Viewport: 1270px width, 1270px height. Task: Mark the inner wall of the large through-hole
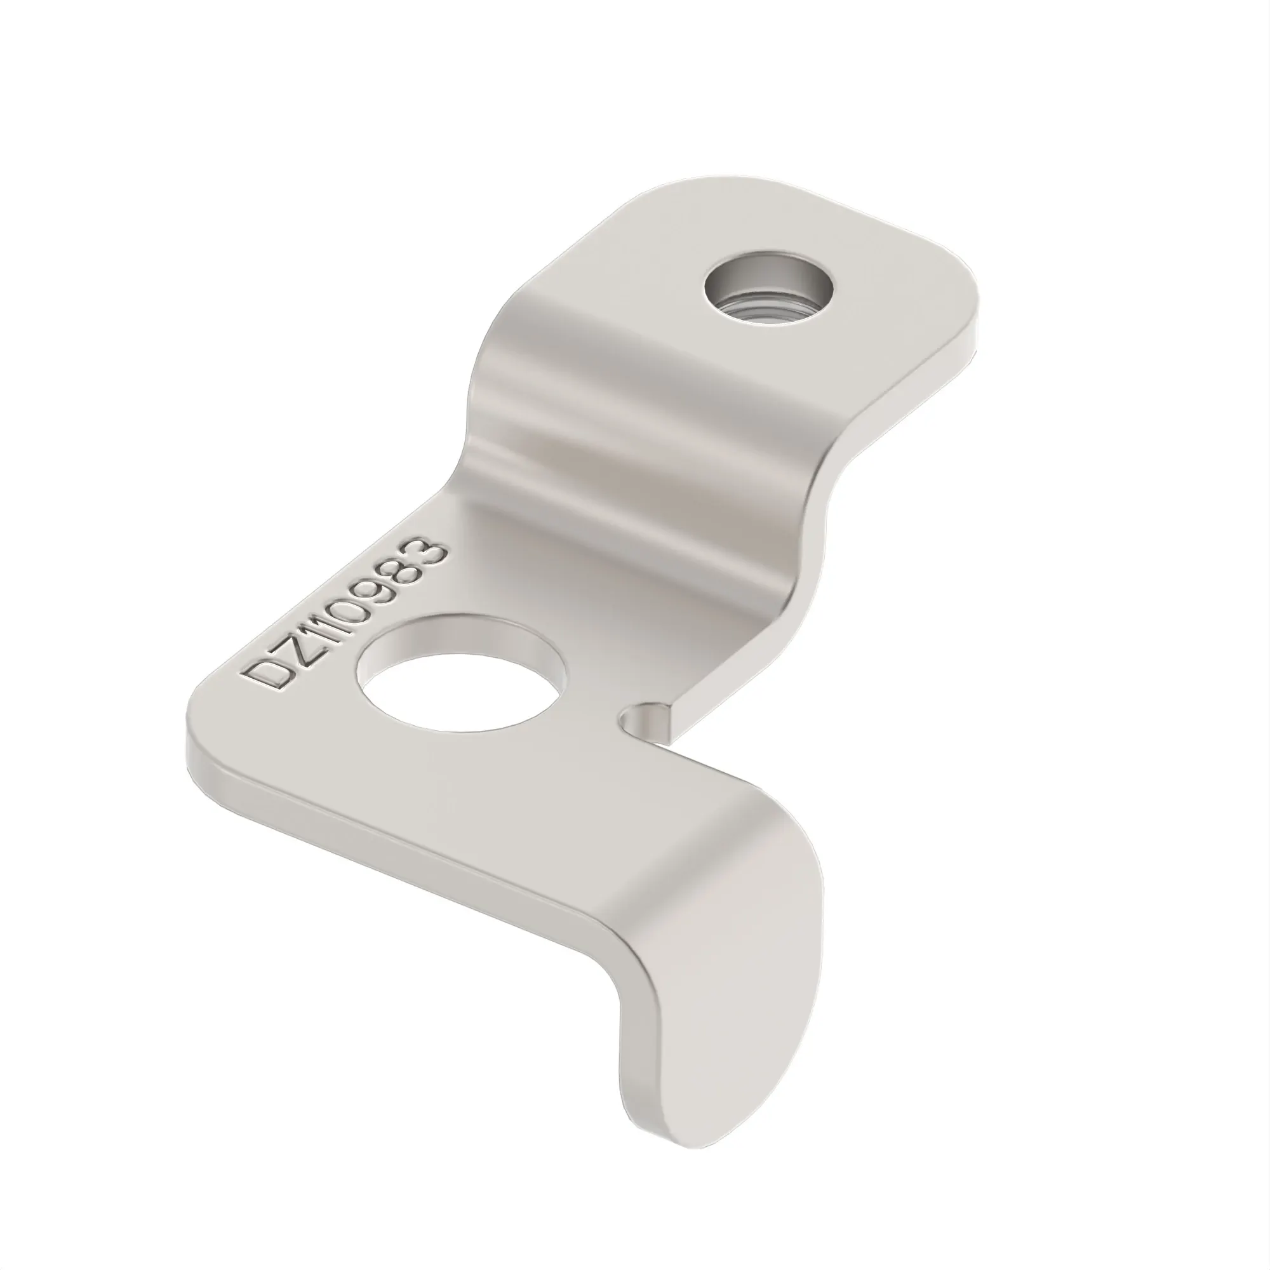point(460,644)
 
